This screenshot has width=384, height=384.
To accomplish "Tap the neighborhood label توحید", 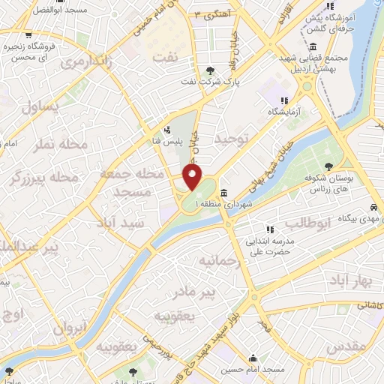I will pyautogui.click(x=229, y=140).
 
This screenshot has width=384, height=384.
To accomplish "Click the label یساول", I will pyautogui.click(x=39, y=106).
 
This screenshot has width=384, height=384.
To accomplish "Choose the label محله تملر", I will pyautogui.click(x=61, y=143).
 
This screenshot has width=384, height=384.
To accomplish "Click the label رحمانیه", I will pyautogui.click(x=218, y=260).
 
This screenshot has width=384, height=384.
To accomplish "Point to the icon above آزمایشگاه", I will pyautogui.click(x=283, y=100).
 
